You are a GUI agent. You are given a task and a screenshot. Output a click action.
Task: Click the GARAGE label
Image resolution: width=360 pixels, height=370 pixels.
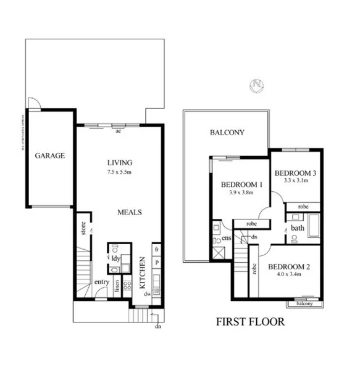coord(49,156)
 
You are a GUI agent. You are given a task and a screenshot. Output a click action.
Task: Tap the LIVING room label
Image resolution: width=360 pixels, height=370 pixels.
coord(119,163)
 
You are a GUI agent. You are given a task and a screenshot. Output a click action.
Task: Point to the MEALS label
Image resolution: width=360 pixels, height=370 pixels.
coord(130,212)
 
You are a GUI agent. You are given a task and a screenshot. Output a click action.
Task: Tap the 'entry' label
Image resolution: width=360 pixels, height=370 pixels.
coord(101,282)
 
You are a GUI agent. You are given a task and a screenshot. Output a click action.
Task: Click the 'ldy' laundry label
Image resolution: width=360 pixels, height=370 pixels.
coord(115,258)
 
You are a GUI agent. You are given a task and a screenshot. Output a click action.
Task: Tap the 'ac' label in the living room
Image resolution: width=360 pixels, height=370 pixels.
coord(118,131)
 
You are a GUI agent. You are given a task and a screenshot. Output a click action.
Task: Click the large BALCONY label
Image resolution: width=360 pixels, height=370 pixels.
coord(227,133)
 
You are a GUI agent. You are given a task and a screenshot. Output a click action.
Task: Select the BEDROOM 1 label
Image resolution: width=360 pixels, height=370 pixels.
coord(243,184)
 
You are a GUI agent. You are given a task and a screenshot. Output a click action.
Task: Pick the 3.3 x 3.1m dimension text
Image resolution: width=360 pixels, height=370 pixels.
coord(295,181)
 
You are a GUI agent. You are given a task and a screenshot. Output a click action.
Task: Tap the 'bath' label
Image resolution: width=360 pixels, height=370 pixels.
coord(298,228)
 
